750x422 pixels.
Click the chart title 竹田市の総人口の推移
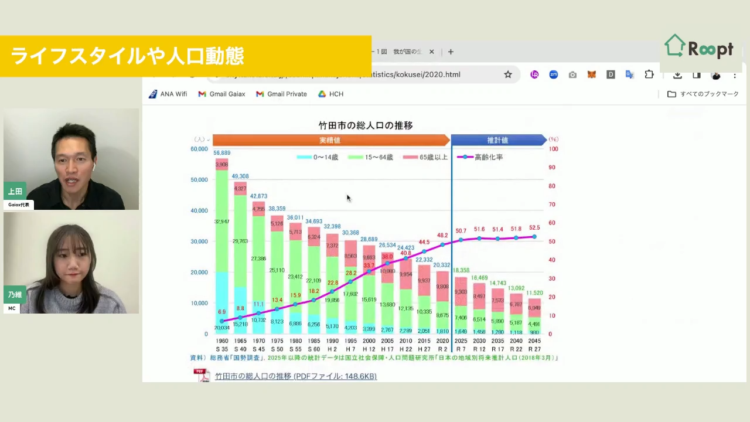pyautogui.click(x=366, y=125)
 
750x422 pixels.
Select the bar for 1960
pyautogui.click(x=222, y=246)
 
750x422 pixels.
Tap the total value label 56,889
pyautogui.click(x=222, y=153)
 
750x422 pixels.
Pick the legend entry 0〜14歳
pyautogui.click(x=318, y=157)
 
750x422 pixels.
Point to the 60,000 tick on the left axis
pyautogui.click(x=199, y=149)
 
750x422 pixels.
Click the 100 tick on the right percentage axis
pyautogui.click(x=553, y=149)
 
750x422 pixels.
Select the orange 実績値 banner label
pyautogui.click(x=330, y=140)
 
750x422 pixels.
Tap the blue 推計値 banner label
pyautogui.click(x=497, y=140)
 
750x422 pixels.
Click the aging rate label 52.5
pyautogui.click(x=534, y=228)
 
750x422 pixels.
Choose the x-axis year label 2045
pyautogui.click(x=534, y=341)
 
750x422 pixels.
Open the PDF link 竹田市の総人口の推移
pyautogui.click(x=295, y=376)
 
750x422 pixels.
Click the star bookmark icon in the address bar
pyautogui.click(x=508, y=74)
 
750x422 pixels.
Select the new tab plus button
pyautogui.click(x=451, y=52)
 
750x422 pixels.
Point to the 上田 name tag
pyautogui.click(x=15, y=191)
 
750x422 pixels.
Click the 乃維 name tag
pyautogui.click(x=15, y=295)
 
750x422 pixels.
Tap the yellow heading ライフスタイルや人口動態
pyautogui.click(x=127, y=56)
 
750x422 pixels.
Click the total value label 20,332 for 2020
pyautogui.click(x=442, y=265)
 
